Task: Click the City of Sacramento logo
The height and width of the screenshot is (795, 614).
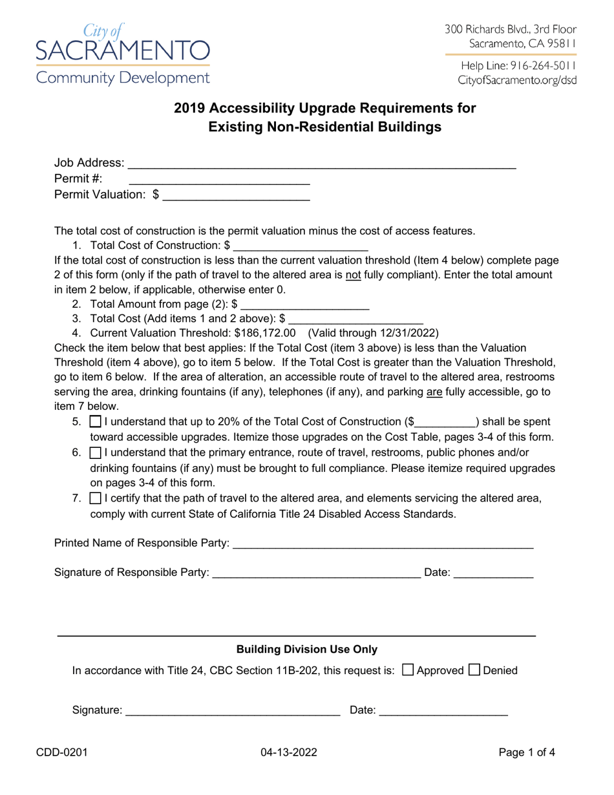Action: (x=122, y=53)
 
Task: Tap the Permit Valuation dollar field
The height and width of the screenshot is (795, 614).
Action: (x=237, y=195)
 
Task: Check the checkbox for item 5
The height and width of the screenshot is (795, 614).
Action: (x=95, y=422)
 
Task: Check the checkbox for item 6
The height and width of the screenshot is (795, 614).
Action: (x=95, y=452)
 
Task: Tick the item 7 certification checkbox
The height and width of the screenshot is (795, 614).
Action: (x=95, y=498)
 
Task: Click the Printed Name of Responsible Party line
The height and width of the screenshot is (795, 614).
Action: (x=383, y=544)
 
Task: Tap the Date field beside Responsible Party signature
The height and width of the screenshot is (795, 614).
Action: (x=494, y=573)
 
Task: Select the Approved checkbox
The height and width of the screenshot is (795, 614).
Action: (x=408, y=670)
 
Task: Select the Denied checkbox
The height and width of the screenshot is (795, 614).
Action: (x=474, y=670)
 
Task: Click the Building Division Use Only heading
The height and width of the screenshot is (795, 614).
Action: (x=307, y=649)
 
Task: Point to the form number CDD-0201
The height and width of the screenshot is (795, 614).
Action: (x=71, y=752)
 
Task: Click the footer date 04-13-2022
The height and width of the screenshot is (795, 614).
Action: (x=289, y=752)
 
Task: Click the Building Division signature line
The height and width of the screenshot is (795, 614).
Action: (x=233, y=711)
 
